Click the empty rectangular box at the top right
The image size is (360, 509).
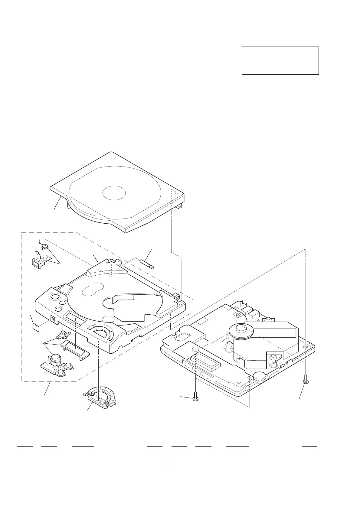coord(280,60)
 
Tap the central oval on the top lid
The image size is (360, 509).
coord(114,192)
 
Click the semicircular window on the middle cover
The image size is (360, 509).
coord(101,332)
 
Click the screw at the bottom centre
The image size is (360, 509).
coord(195,397)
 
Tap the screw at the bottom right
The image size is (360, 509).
coord(306,379)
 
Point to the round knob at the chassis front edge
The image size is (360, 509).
coord(260,376)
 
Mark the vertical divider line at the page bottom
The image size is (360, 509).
coord(168,456)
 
